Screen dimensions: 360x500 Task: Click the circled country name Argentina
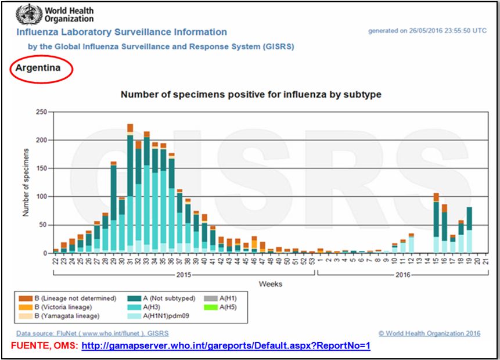point(38,69)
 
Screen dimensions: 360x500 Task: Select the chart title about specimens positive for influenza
point(250,94)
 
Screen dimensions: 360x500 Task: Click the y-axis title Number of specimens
point(26,182)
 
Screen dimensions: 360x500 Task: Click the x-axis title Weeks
point(271,284)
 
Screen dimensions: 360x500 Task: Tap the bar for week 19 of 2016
point(469,230)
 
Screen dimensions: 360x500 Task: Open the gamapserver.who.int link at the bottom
point(226,346)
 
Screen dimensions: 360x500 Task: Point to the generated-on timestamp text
point(427,31)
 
